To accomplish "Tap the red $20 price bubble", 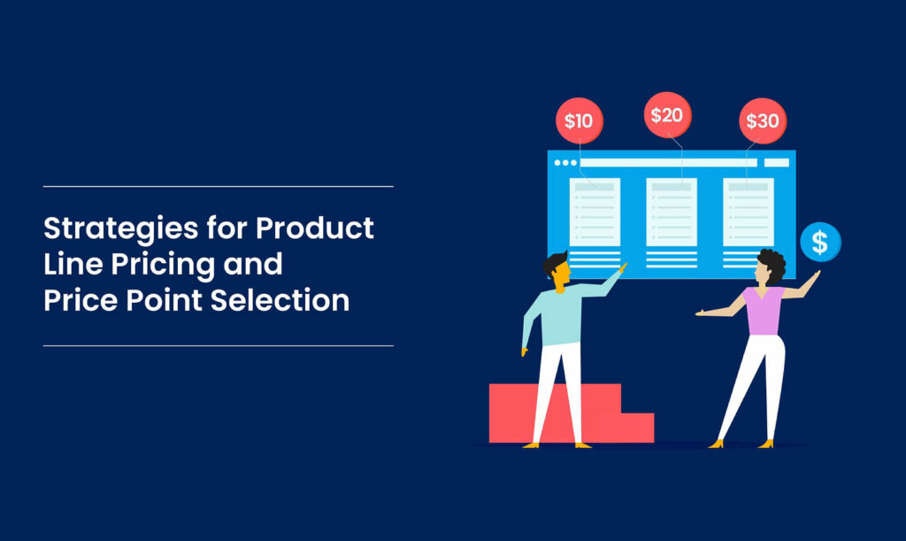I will click(x=666, y=115).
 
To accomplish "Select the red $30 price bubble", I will click(x=763, y=120).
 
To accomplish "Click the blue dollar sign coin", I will click(x=820, y=242).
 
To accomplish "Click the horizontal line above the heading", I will click(x=218, y=187).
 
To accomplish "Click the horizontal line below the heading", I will click(x=218, y=345).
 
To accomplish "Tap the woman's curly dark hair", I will click(x=772, y=262).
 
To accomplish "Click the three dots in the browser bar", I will click(x=564, y=163).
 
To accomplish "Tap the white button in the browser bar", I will click(x=776, y=163).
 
